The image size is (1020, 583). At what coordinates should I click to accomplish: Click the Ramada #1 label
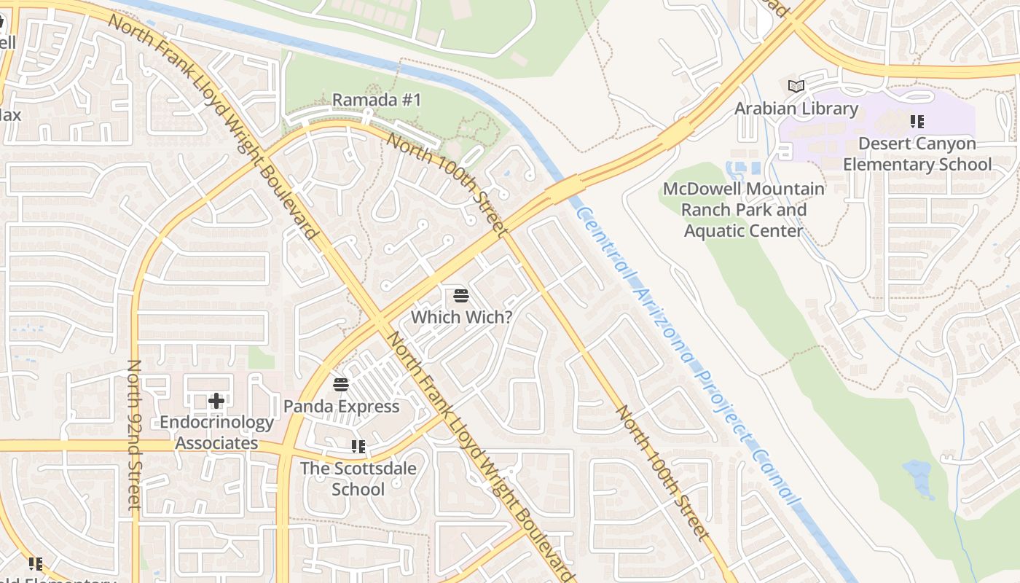377,100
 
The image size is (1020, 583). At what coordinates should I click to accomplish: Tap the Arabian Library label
796,109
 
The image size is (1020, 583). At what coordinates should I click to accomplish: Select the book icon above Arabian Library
796,87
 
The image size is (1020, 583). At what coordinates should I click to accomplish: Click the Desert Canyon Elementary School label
917,154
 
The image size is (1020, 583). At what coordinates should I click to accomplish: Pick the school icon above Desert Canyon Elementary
917,122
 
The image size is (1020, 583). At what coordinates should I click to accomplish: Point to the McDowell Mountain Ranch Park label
744,210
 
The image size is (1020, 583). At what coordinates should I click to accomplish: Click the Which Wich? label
461,317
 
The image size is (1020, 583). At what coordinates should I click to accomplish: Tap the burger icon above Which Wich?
460,296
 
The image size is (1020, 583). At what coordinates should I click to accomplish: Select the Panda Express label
342,406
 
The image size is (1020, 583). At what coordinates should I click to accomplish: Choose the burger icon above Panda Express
341,384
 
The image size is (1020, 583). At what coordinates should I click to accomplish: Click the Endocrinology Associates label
216,432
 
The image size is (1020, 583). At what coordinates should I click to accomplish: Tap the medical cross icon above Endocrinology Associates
216,400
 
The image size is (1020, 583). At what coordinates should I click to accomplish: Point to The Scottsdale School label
358,478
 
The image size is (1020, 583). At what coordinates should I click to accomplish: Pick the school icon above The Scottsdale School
358,446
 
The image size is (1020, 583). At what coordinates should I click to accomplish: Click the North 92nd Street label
134,434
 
